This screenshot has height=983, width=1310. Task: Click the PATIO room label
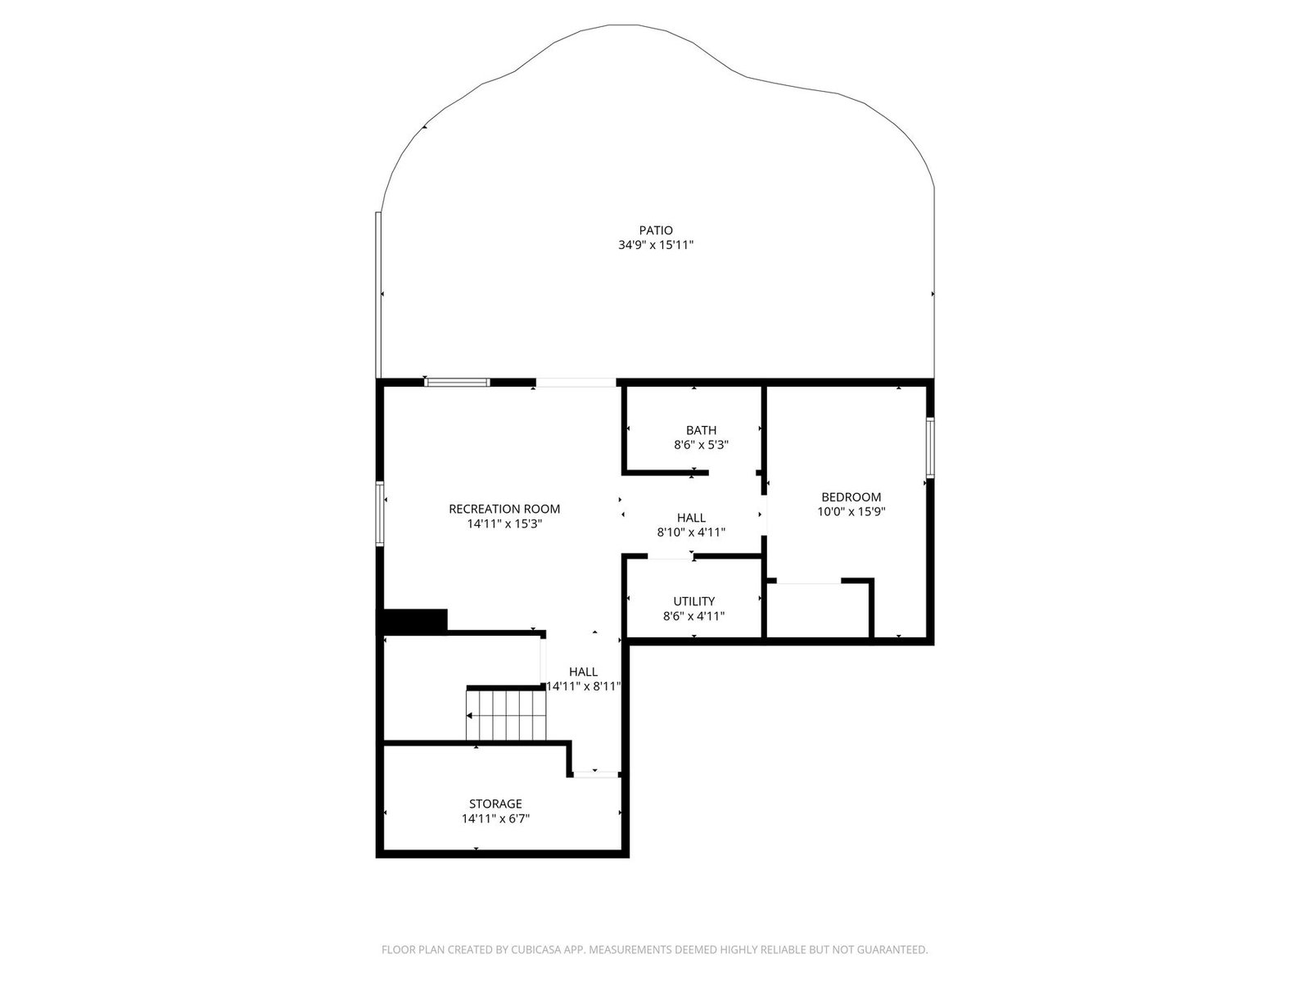pos(656,230)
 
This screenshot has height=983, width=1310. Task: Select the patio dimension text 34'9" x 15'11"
pos(656,245)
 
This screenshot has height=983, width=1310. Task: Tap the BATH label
pos(701,430)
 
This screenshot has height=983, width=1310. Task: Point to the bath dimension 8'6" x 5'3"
pos(701,445)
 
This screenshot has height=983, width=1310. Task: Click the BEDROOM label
pos(851,497)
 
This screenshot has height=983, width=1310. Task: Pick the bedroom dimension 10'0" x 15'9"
pos(851,511)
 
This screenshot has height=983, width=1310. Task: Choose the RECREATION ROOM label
pos(504,509)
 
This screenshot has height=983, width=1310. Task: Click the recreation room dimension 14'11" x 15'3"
pos(504,524)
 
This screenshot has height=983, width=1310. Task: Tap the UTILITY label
pos(694,601)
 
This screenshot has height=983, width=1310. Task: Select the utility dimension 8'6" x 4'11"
pos(694,616)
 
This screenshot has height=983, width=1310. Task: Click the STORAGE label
pos(495,804)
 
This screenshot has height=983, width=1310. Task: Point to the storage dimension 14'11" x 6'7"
pos(495,818)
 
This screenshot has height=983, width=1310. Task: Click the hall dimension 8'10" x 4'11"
pos(691,532)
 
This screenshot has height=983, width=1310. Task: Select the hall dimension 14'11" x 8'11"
pos(584,686)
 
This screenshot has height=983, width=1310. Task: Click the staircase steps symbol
pos(506,715)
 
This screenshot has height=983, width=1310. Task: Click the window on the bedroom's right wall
pos(930,447)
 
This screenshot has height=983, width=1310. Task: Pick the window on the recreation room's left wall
pos(380,514)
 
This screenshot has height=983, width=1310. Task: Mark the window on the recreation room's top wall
pos(457,383)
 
